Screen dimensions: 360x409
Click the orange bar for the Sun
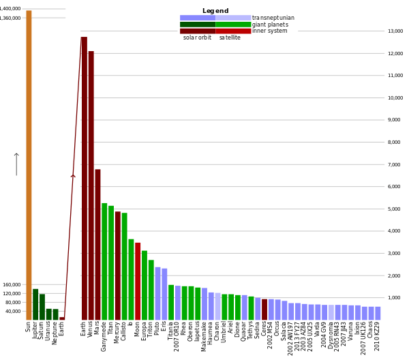click(x=29, y=164)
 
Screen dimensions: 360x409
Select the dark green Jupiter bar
click(x=35, y=304)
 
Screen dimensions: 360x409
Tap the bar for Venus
click(x=91, y=184)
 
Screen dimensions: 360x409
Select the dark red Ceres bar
click(x=264, y=309)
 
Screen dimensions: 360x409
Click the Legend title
click(x=215, y=11)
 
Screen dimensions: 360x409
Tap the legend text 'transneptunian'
click(x=273, y=18)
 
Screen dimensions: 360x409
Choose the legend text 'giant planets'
click(x=270, y=25)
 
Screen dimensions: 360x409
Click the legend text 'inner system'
click(x=269, y=31)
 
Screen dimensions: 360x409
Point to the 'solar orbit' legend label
click(x=197, y=37)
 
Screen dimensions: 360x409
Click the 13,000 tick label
click(x=395, y=31)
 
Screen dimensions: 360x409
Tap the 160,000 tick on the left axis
click(x=12, y=284)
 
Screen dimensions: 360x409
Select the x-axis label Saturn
click(x=42, y=331)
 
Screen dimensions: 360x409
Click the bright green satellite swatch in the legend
click(x=233, y=25)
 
